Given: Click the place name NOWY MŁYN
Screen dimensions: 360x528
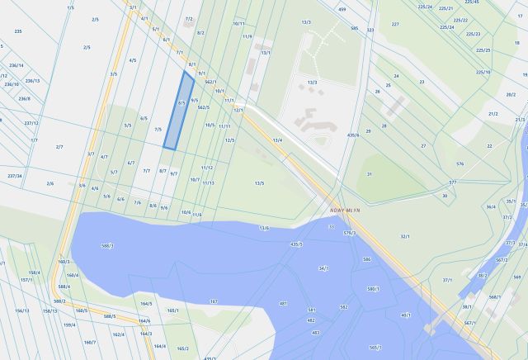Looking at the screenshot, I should (x=346, y=209).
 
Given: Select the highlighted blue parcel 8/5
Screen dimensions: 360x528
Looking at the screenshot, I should (x=179, y=110).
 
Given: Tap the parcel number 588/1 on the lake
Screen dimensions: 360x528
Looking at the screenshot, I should (x=106, y=245).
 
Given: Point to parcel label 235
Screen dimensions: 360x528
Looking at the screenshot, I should (x=18, y=31).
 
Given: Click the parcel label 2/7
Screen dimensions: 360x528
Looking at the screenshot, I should (x=59, y=146).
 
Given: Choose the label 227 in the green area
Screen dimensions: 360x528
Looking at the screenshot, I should (x=395, y=24).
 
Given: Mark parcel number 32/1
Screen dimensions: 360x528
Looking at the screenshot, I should (x=405, y=236).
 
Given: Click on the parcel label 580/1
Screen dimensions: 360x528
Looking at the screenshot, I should (x=373, y=289).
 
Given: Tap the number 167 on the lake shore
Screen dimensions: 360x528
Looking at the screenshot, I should (x=213, y=301).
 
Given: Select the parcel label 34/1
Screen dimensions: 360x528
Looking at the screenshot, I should (x=323, y=268).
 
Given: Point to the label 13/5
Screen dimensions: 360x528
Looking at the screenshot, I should (x=259, y=182).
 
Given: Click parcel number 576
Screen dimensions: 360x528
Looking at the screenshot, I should (x=460, y=163).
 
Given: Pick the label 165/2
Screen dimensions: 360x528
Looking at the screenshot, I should (x=183, y=348).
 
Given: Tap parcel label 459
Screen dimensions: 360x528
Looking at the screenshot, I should (x=342, y=9).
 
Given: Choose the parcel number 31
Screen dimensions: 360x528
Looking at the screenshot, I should (x=370, y=174).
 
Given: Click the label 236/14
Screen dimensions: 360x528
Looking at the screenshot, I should (x=16, y=64).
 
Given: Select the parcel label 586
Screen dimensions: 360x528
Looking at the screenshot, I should (x=366, y=259).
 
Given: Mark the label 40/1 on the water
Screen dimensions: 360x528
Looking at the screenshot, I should (x=406, y=315).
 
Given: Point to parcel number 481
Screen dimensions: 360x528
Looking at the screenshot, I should (x=283, y=303).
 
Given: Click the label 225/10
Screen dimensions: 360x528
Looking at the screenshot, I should (x=483, y=72).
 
